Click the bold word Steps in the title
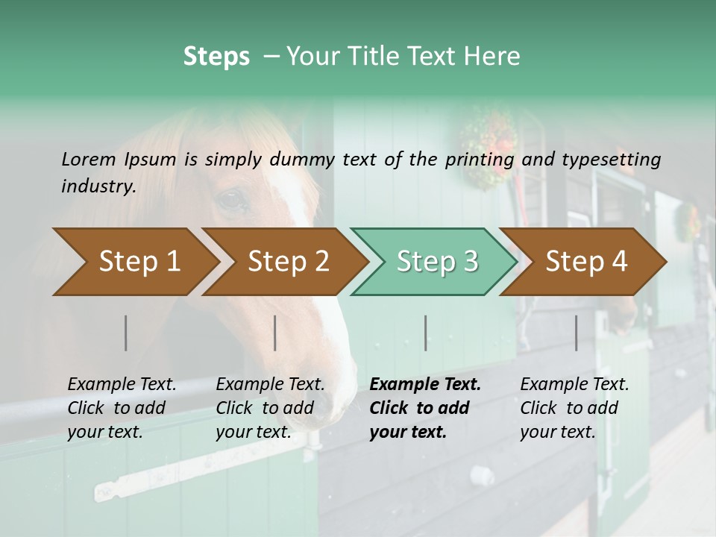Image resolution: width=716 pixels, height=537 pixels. coord(216,57)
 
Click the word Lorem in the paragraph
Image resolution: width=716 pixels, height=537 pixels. coord(88,159)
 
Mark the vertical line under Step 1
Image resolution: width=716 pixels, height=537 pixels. coord(126,333)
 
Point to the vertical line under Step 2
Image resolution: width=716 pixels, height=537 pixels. coord(275,333)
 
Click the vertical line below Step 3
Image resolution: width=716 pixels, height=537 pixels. coord(425,333)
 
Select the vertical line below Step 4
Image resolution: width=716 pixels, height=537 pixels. coord(576,333)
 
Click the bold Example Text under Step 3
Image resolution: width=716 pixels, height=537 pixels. coord(425,385)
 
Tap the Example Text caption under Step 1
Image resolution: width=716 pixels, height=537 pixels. coord(122,385)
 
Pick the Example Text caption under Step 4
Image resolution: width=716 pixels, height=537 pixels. coord(574,385)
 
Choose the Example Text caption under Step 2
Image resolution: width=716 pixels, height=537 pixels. coord(270,385)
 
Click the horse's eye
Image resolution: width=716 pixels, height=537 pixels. coord(232,199)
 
